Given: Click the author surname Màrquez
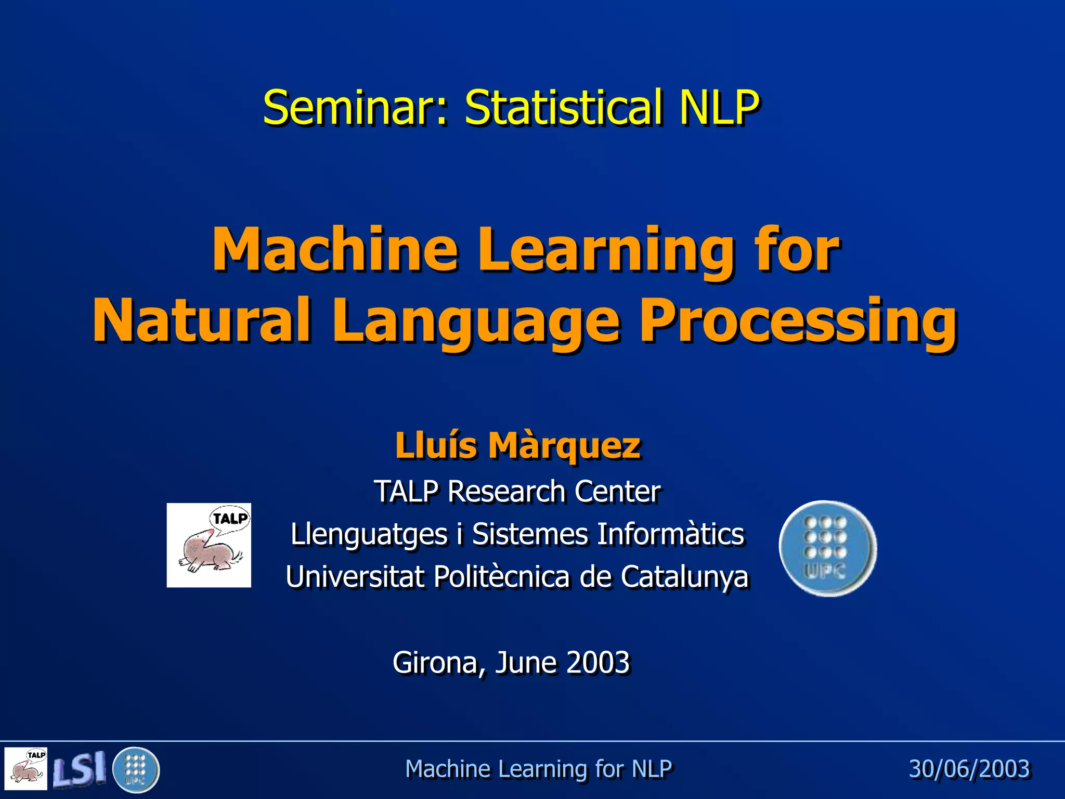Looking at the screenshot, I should click(x=564, y=446).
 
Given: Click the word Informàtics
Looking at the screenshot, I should click(x=671, y=534).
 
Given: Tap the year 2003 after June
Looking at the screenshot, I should click(x=598, y=663).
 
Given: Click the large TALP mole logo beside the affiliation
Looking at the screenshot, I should click(x=209, y=545).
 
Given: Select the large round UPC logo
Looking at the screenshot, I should click(x=828, y=548).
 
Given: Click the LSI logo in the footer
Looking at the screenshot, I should click(x=79, y=769).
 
